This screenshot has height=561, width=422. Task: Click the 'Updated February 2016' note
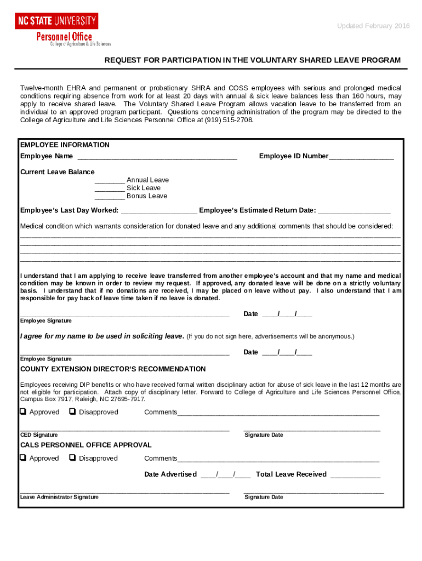point(373,26)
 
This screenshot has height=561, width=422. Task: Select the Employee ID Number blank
point(361,157)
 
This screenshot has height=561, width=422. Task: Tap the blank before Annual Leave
point(110,181)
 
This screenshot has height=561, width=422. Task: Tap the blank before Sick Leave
point(110,188)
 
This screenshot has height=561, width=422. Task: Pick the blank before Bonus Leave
point(110,197)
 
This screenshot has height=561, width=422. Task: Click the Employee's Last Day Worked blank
point(159,211)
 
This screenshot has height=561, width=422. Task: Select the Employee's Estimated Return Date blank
point(354,211)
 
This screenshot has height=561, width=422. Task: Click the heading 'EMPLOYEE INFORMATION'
point(65,145)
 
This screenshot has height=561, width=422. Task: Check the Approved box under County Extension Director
point(23,412)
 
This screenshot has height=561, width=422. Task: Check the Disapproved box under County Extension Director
point(73,412)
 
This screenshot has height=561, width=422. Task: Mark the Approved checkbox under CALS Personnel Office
point(23,458)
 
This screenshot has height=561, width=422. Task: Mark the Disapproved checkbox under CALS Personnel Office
point(73,458)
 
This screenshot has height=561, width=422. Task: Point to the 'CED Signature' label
point(39,435)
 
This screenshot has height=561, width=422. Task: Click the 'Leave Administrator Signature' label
point(59,497)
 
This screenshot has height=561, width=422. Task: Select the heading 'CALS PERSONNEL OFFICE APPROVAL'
point(86,445)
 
